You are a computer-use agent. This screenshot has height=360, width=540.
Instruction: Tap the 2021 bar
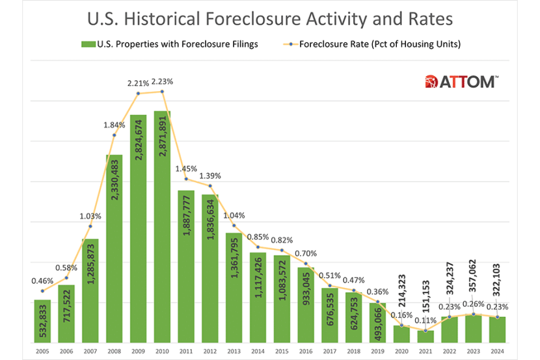tap(425, 336)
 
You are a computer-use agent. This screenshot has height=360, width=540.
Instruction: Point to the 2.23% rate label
tap(162, 81)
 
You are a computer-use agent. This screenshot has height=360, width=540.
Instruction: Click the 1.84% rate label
tap(114, 125)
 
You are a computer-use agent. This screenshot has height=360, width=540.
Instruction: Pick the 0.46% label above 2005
tap(42, 281)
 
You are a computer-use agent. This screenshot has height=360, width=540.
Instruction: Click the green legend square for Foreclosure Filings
tap(85, 45)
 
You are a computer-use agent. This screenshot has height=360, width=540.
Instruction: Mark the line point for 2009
tap(138, 94)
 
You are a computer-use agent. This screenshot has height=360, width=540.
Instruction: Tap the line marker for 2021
tap(425, 331)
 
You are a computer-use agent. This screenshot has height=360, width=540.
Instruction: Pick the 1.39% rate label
tap(210, 176)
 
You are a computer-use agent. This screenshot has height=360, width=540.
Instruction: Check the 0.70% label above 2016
tap(306, 253)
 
